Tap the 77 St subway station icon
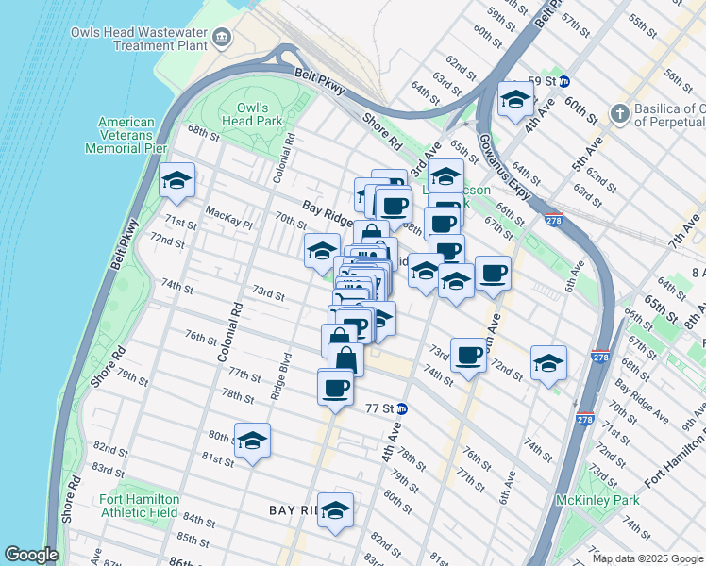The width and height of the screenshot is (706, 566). point(402,408)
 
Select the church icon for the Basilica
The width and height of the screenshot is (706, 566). point(619,113)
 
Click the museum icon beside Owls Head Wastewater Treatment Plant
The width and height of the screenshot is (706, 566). point(221,38)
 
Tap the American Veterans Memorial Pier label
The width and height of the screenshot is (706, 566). point(126,135)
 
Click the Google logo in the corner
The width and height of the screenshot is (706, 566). point(30,555)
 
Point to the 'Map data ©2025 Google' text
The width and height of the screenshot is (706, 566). point(647,558)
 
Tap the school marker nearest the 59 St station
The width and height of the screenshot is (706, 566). point(515,99)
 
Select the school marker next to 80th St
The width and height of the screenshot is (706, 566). point(252,440)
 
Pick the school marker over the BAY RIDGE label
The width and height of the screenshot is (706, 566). point(335,509)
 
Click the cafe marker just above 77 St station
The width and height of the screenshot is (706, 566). point(336,387)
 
